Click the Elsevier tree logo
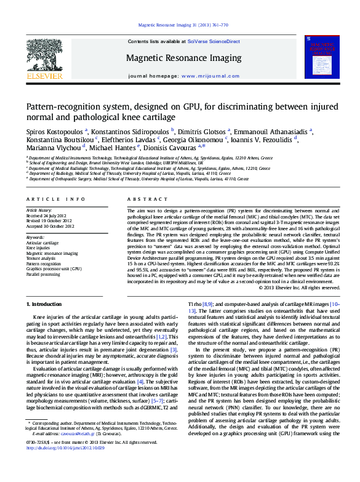coord(44,55)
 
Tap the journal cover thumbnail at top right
coord(321,57)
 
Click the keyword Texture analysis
coord(42,258)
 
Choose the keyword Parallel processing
coord(43,274)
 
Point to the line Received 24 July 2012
coord(49,216)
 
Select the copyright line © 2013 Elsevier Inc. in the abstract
coord(299,287)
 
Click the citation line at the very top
coord(183,25)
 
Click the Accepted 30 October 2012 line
coord(52,226)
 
